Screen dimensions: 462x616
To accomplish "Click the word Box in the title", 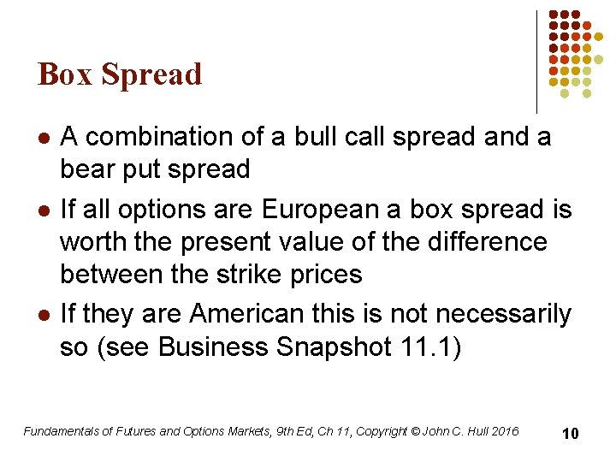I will (x=66, y=75).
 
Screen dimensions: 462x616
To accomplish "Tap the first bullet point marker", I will (x=44, y=138).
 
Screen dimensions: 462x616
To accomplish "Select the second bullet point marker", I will (x=44, y=210).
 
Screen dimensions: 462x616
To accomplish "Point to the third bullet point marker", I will (x=44, y=316).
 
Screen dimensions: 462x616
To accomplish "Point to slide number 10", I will (x=570, y=434).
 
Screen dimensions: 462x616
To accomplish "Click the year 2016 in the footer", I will (x=504, y=431).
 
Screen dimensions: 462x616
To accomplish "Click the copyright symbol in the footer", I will (x=415, y=431).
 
